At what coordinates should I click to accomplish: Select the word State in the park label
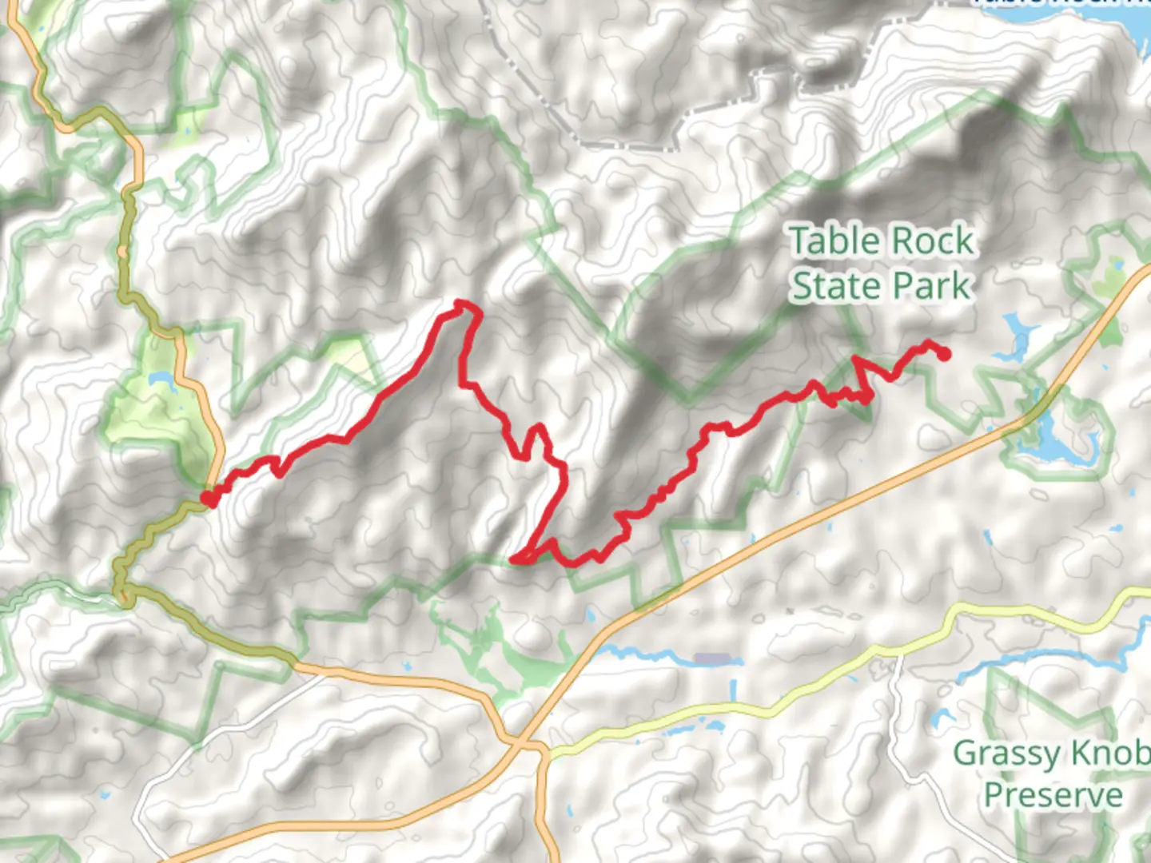click(835, 286)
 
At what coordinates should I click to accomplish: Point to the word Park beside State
click(931, 286)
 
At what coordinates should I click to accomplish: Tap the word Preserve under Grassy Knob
click(1053, 795)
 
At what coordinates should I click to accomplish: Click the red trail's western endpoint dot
click(208, 499)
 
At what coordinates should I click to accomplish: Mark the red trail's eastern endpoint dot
click(944, 354)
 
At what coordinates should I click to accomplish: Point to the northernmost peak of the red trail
click(460, 303)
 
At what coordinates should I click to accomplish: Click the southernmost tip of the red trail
click(518, 560)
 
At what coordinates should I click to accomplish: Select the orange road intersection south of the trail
click(524, 745)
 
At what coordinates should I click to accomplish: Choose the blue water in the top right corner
click(1135, 20)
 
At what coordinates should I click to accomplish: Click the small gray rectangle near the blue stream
click(712, 659)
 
